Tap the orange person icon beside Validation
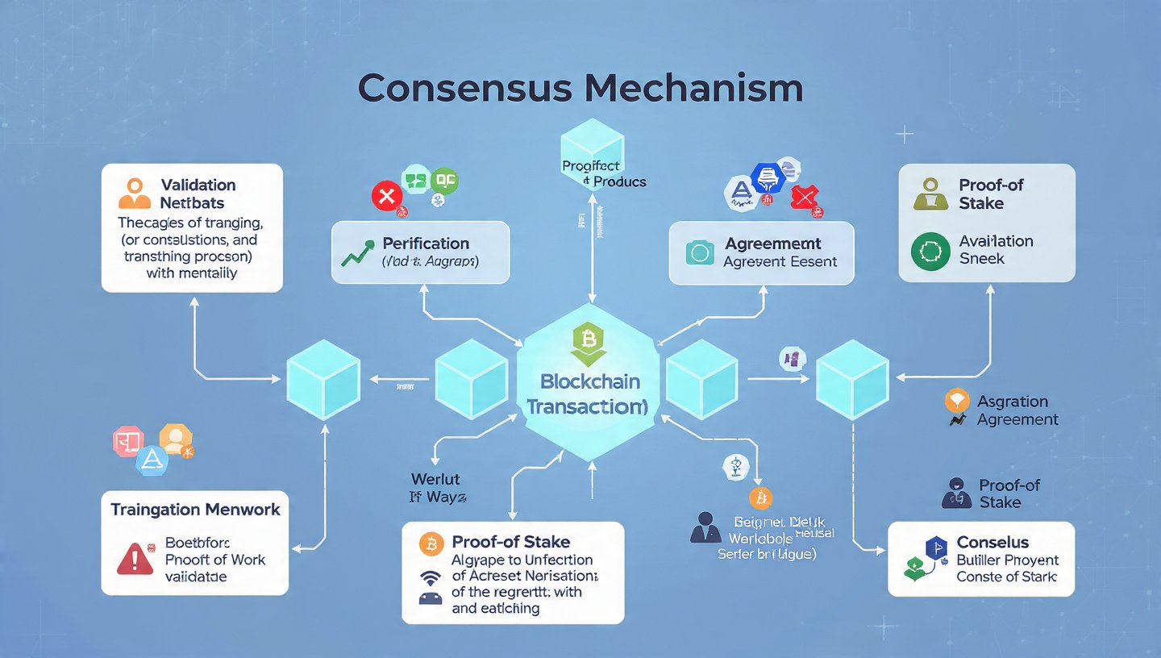click(134, 194)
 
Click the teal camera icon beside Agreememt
click(699, 252)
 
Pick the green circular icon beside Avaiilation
click(930, 251)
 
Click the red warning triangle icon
click(135, 559)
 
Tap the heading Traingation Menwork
click(195, 510)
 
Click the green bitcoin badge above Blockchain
click(589, 342)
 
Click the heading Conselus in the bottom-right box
click(992, 542)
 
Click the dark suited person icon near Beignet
click(707, 527)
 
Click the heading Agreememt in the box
click(772, 244)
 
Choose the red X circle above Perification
click(386, 196)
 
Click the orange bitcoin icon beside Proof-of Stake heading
click(431, 543)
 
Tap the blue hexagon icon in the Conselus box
click(935, 548)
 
